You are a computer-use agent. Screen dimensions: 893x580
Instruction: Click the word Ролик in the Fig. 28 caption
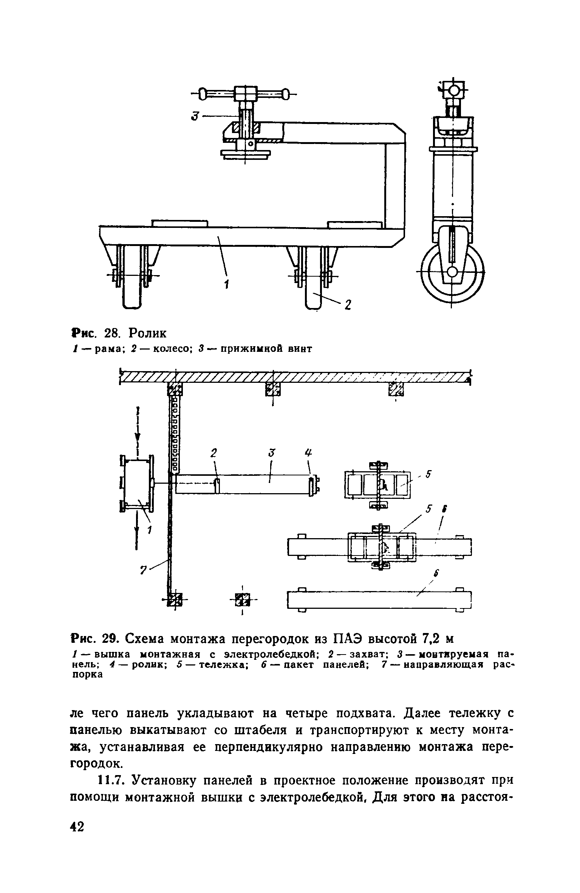tap(147, 333)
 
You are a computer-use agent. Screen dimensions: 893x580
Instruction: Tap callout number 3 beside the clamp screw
tap(195, 116)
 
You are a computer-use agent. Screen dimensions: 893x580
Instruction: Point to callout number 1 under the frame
tap(226, 285)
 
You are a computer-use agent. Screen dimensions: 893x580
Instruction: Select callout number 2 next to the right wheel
tap(348, 305)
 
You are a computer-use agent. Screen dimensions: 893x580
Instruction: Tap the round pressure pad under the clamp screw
tap(245, 154)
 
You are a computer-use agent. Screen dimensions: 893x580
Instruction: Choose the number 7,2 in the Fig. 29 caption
tap(429, 639)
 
